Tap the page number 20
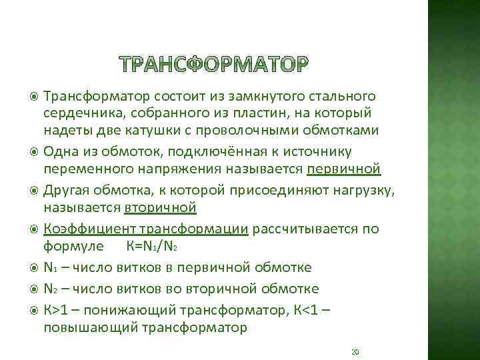tap(355, 352)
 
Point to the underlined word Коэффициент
tap(79, 229)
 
